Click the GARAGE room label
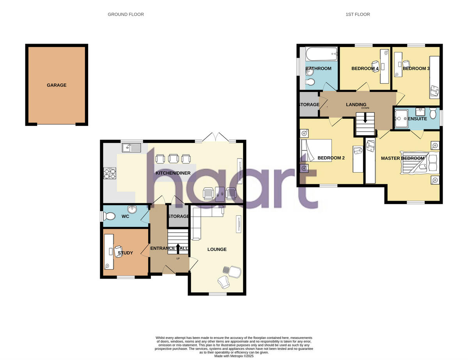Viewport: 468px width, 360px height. pyautogui.click(x=57, y=85)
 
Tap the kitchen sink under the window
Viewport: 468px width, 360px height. pyautogui.click(x=131, y=148)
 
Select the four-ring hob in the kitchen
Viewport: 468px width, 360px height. pyautogui.click(x=110, y=173)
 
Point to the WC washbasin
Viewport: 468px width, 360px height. pyautogui.click(x=133, y=210)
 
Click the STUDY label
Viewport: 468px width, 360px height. pyautogui.click(x=125, y=253)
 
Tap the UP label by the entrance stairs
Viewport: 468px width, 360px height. pyautogui.click(x=178, y=259)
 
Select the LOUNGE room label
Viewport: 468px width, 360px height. pyautogui.click(x=217, y=249)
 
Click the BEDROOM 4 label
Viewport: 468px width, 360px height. pyautogui.click(x=365, y=69)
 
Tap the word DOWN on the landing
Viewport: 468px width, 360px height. pyautogui.click(x=365, y=108)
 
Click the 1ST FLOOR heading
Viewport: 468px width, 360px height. pyautogui.click(x=358, y=14)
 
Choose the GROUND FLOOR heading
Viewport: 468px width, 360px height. pyautogui.click(x=126, y=14)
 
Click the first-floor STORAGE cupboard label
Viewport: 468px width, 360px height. pyautogui.click(x=309, y=104)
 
